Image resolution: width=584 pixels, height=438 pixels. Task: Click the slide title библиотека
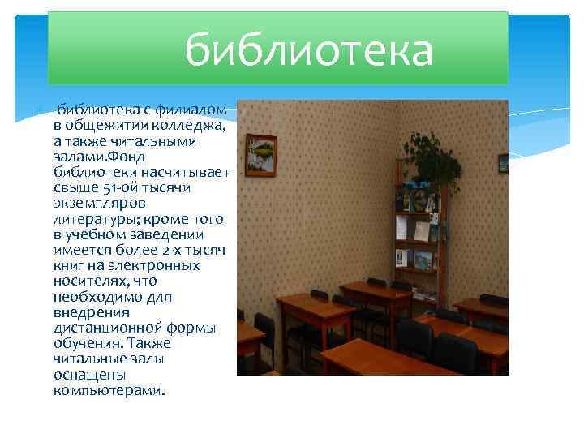click(309, 51)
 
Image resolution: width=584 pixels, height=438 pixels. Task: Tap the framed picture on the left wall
click(260, 154)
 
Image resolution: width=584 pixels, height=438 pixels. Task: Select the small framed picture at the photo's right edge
click(503, 162)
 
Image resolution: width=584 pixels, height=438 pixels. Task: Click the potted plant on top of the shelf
click(430, 162)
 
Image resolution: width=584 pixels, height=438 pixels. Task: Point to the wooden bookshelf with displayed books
click(418, 235)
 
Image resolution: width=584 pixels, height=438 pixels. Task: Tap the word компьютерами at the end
click(108, 390)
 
